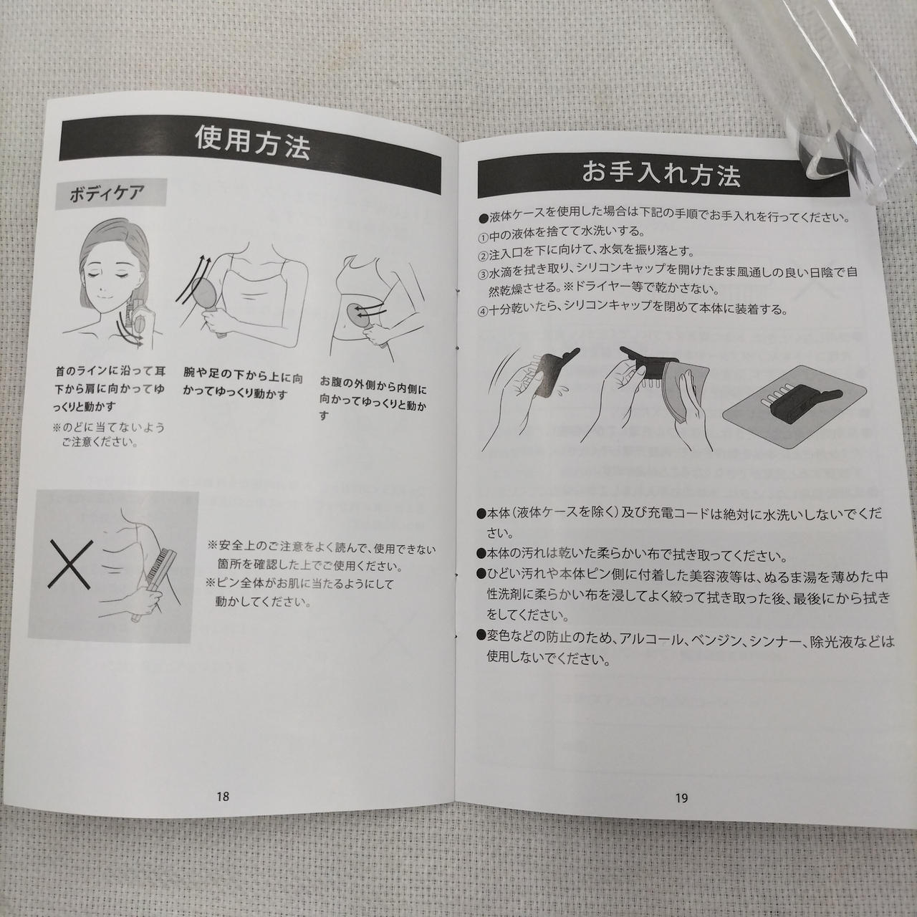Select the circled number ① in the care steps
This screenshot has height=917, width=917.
(x=484, y=236)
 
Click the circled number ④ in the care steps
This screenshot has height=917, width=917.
(x=484, y=311)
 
